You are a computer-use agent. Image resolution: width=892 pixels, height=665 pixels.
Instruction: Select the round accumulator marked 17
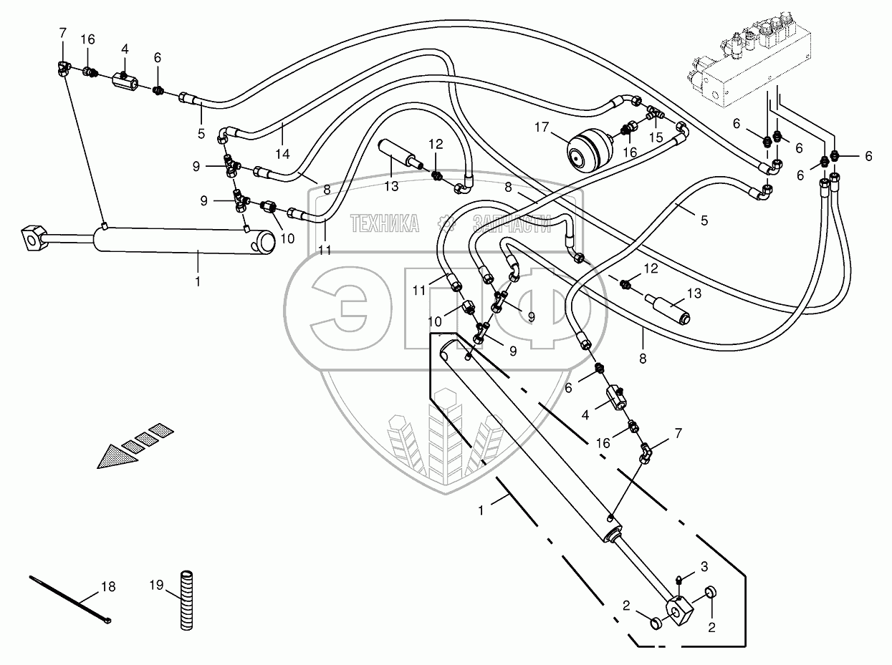[x=587, y=150]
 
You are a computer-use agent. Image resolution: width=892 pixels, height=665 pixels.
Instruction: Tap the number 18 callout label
[x=107, y=587]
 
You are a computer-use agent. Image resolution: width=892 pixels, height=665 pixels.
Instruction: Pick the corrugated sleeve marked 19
[x=188, y=599]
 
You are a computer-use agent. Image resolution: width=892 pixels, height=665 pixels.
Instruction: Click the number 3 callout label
[x=704, y=567]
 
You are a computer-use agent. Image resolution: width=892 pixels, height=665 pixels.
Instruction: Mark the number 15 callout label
[x=655, y=136]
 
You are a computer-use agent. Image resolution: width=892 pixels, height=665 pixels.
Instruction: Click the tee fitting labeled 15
[x=655, y=113]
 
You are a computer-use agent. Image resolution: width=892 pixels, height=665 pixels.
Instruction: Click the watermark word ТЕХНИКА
[x=385, y=224]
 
